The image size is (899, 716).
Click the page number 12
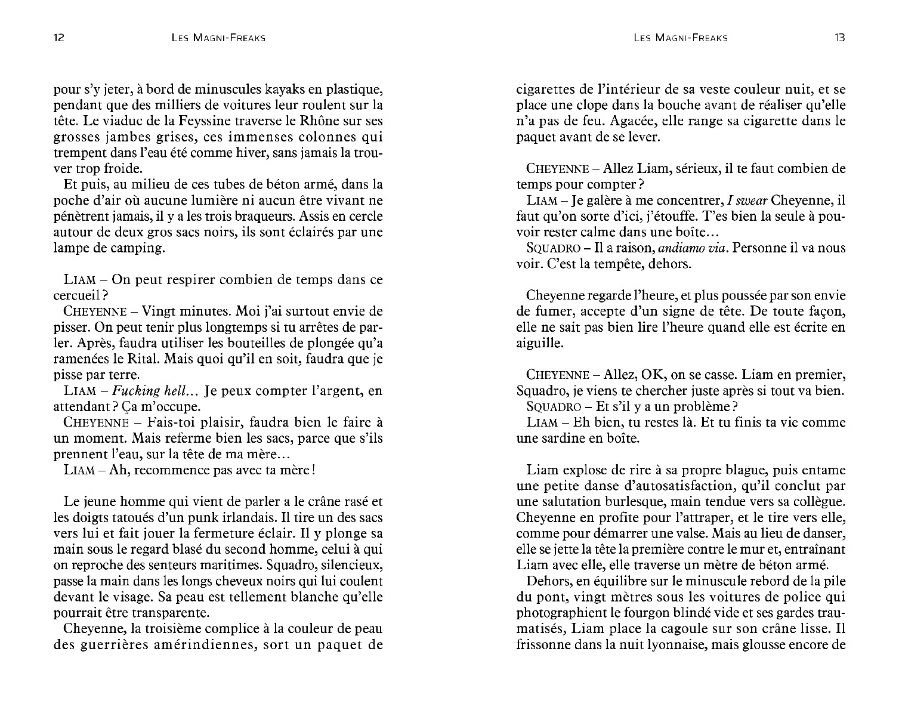(x=58, y=38)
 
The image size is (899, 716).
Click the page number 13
(x=839, y=38)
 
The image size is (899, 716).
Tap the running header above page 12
(x=217, y=38)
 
